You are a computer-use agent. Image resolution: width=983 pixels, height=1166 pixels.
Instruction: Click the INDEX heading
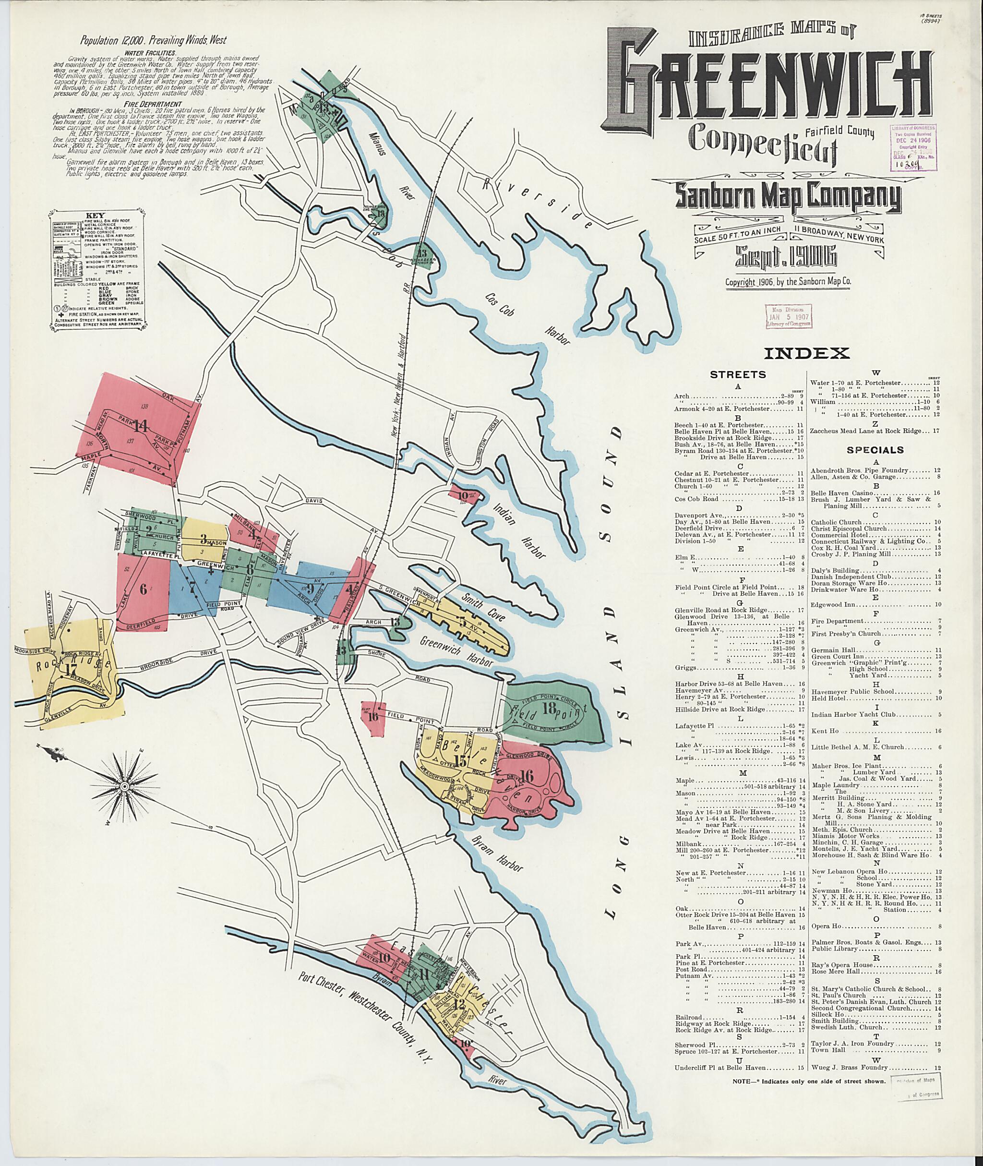[x=806, y=353]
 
